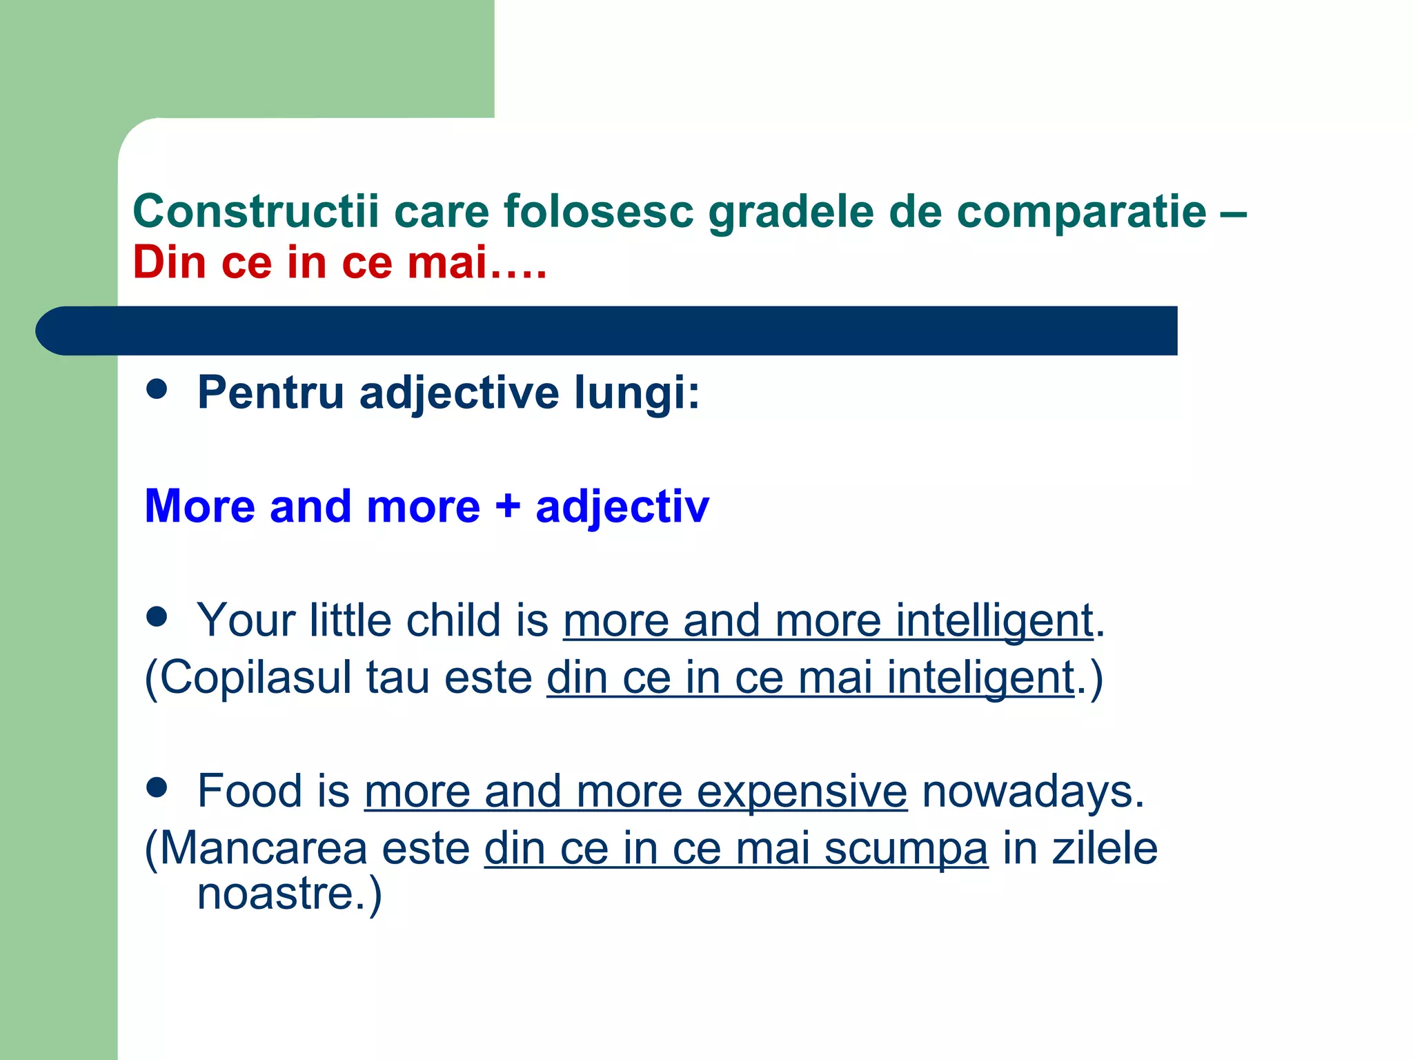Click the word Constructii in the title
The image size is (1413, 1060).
(x=255, y=211)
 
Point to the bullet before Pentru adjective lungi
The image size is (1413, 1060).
(x=157, y=389)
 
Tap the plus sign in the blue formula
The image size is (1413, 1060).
(x=508, y=507)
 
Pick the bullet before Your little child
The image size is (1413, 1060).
(x=157, y=616)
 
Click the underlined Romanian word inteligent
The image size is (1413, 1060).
(x=980, y=678)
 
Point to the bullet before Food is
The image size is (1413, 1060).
(x=157, y=787)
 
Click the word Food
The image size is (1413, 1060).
(x=250, y=791)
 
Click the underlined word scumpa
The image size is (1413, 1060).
(x=906, y=849)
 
